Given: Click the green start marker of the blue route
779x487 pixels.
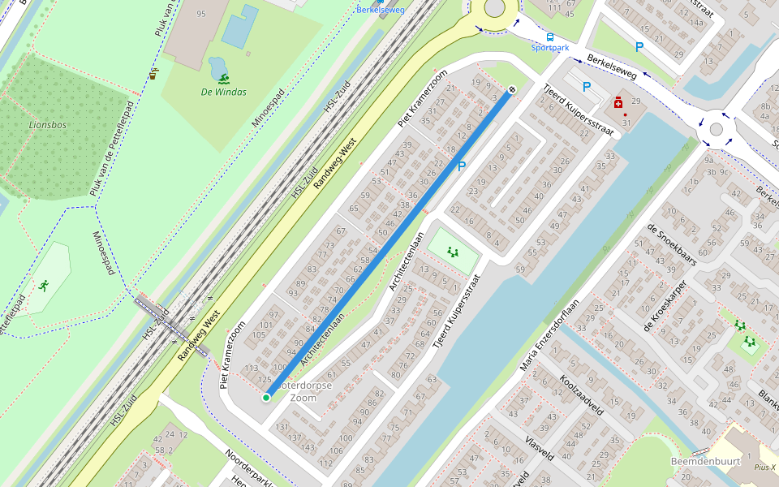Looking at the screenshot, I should pos(266,397).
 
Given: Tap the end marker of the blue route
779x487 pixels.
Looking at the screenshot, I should pos(512,90).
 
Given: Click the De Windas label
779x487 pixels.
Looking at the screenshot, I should pos(223,93).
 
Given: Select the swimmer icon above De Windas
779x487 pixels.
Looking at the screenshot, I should pos(223,79).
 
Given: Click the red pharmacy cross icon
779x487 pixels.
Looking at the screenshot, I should pos(618,104).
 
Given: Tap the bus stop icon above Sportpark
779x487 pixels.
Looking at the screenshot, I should pos(550,37).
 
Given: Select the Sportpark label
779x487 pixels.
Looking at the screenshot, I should pos(549,48).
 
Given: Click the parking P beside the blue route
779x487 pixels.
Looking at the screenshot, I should pos(462,166).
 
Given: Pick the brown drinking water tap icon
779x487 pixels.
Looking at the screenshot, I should pos(153,74).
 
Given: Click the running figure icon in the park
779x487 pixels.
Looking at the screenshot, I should pos(42,286).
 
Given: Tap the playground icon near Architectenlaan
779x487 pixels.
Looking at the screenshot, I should pos(452,252).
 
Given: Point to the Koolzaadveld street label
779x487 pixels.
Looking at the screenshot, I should pos(582,395).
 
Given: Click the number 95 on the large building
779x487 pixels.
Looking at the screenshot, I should pos(200,14).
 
